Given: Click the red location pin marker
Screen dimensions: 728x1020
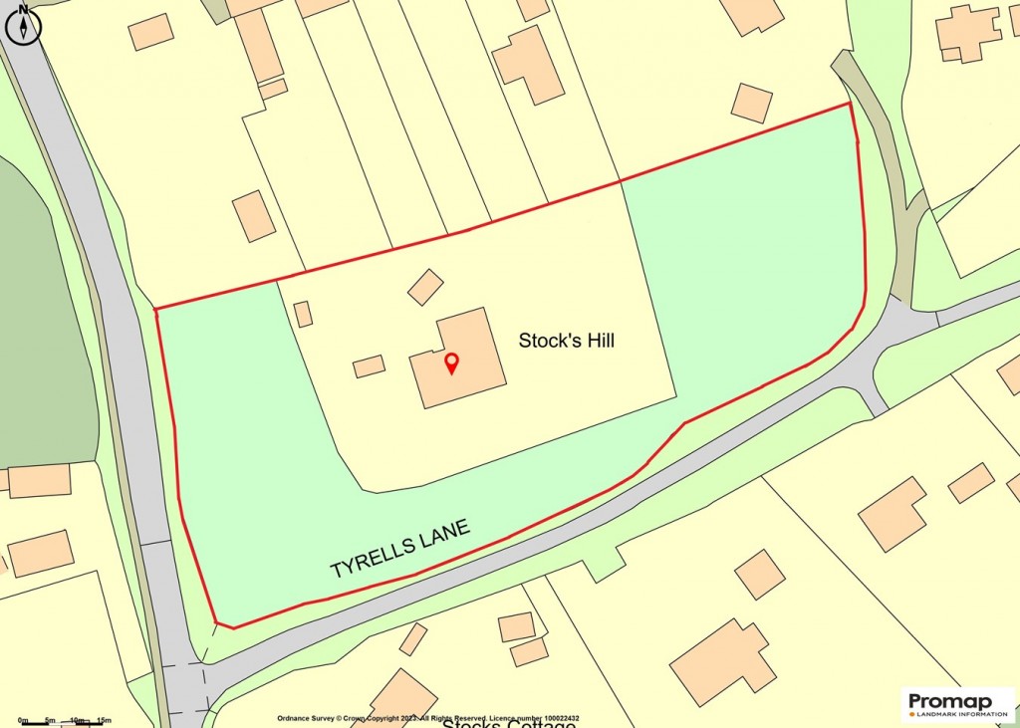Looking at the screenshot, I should coord(450,363).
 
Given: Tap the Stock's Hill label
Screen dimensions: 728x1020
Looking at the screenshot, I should coord(566,341).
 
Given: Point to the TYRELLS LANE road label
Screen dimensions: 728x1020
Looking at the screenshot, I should coord(399,549).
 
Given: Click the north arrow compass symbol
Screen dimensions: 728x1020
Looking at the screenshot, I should coord(22,25).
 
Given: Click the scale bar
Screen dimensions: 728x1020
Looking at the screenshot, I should coord(62,720).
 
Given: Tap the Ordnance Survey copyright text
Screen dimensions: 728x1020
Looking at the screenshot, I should coord(427,718).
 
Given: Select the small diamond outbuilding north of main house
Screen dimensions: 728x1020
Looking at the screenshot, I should coord(425,287).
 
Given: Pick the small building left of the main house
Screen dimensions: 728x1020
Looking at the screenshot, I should coord(369,366).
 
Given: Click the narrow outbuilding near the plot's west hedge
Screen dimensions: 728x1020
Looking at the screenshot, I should coord(303,314).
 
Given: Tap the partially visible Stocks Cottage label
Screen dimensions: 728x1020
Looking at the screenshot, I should coord(508,723).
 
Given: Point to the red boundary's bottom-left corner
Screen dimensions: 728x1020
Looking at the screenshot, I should coord(219,624).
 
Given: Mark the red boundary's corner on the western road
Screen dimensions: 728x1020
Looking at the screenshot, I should coord(156,309).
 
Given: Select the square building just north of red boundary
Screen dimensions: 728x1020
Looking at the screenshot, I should coord(752,103).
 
